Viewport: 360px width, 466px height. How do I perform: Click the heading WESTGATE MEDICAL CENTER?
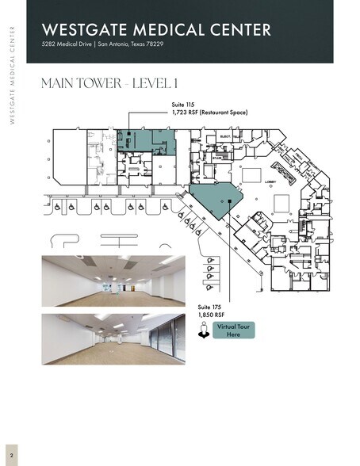[x=156, y=29]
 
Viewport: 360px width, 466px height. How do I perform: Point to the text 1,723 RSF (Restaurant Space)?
[x=209, y=113]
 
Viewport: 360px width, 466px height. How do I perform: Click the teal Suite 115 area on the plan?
[x=147, y=139]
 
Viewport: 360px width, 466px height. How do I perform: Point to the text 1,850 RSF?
[x=209, y=315]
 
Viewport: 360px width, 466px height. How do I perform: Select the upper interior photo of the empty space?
[x=114, y=282]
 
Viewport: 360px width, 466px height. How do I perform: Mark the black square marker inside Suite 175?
[x=229, y=202]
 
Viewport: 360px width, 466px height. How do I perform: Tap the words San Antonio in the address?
[x=119, y=44]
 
